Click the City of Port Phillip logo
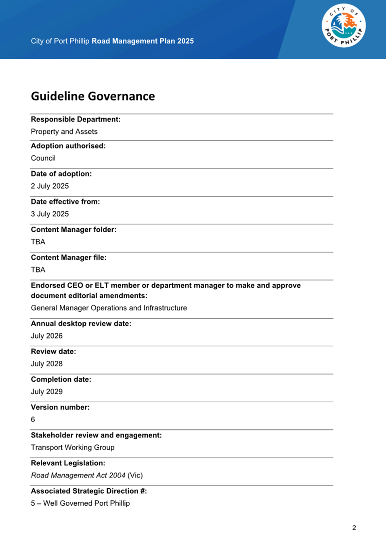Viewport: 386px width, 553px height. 344,26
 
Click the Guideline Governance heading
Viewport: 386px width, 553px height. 93,96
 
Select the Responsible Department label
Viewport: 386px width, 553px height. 76,119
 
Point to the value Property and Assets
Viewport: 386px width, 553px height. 64,131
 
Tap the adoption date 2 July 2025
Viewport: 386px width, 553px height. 50,186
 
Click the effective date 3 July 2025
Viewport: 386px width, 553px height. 50,214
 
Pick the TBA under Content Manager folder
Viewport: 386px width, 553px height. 38,242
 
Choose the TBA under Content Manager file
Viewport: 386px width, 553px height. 38,269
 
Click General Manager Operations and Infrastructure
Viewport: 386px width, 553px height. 109,308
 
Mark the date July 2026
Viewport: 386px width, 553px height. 47,336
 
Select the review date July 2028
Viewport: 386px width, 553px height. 47,364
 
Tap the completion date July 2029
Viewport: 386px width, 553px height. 47,391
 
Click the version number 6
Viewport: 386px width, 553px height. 33,419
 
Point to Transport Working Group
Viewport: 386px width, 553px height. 73,447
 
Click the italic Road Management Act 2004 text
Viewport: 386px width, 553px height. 78,475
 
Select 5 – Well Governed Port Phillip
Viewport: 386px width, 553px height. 80,503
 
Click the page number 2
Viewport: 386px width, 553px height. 354,528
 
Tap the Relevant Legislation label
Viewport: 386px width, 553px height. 68,463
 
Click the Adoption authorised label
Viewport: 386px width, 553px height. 68,146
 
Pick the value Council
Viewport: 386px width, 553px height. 43,158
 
